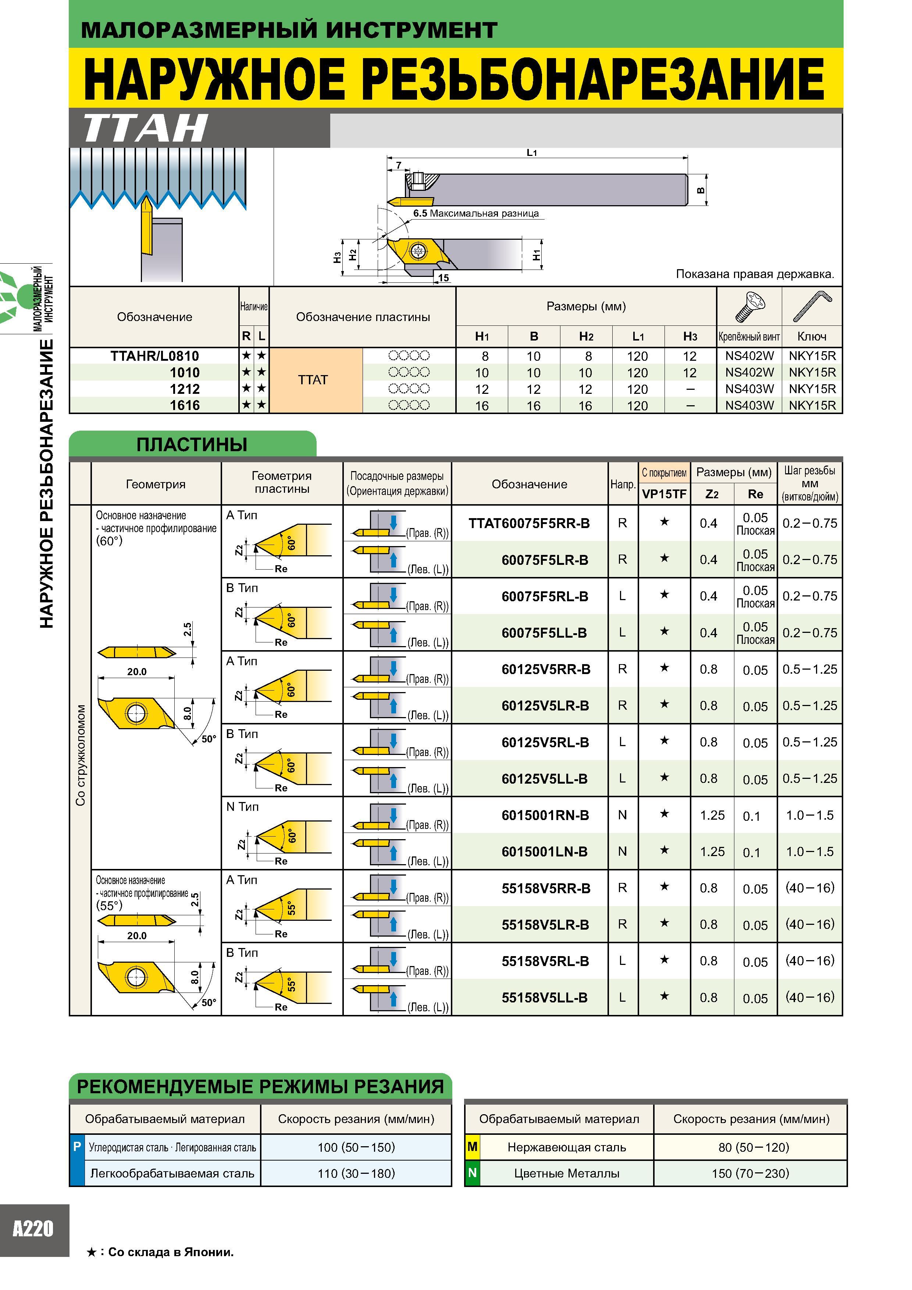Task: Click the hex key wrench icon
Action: click(x=812, y=306)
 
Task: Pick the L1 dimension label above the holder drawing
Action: click(x=532, y=152)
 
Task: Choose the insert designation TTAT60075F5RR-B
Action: click(x=529, y=523)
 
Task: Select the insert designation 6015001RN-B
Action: click(x=545, y=815)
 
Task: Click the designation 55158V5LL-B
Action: click(x=545, y=998)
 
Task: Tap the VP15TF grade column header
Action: click(x=664, y=494)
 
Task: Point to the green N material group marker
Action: click(x=473, y=1173)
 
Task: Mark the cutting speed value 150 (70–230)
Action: click(x=750, y=1173)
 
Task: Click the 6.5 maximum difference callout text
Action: click(x=475, y=214)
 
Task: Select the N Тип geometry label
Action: click(x=242, y=807)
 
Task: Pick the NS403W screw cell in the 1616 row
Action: click(x=749, y=405)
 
